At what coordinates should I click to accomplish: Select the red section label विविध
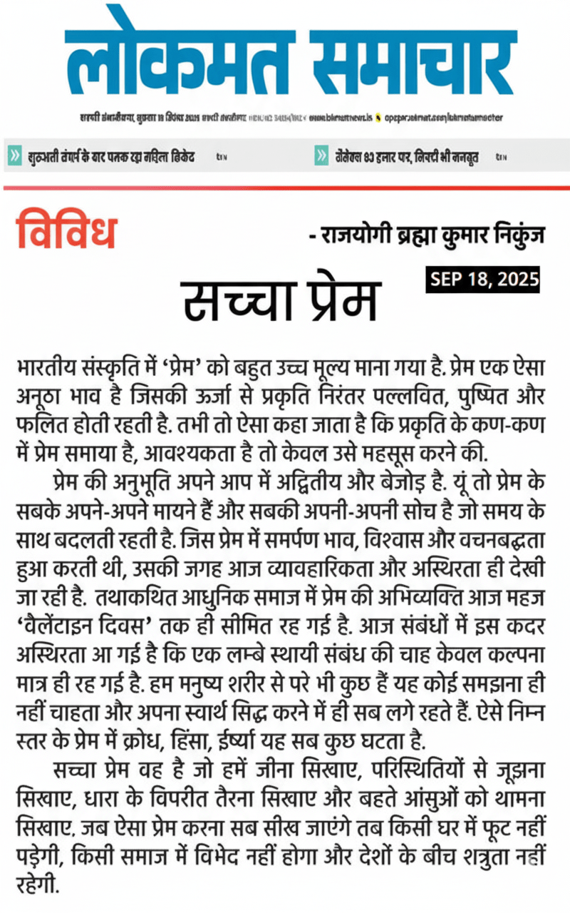tap(66, 228)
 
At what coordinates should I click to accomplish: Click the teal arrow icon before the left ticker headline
tap(14, 156)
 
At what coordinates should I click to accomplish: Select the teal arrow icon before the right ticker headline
tap(322, 156)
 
